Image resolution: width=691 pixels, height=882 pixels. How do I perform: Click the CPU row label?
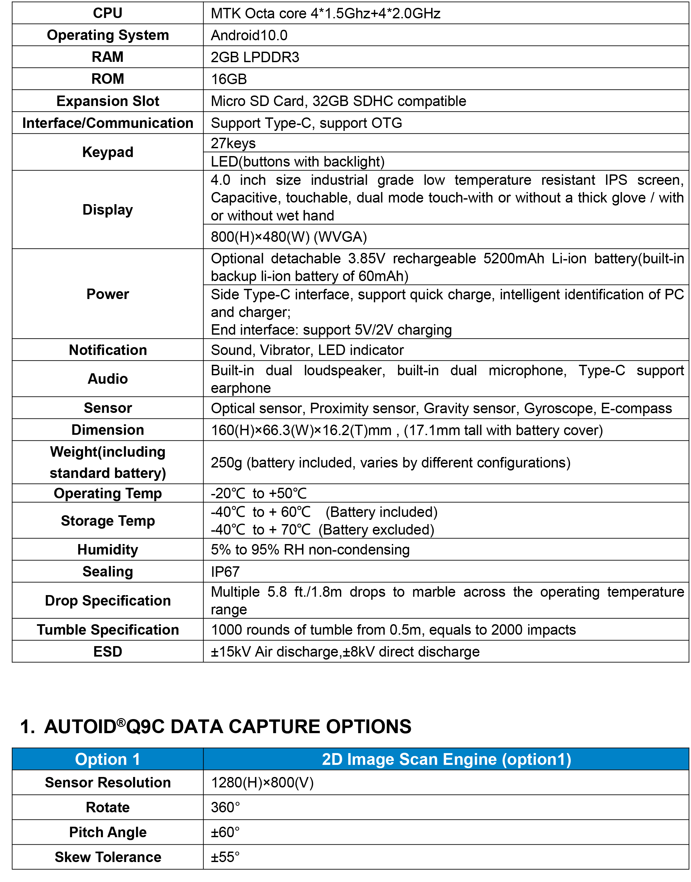(108, 13)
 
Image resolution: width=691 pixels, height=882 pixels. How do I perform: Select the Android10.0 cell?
(249, 35)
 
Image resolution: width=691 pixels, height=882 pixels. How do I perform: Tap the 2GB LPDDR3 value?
(255, 57)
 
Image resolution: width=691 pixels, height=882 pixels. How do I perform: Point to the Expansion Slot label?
(108, 101)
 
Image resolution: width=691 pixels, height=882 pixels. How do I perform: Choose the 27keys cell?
(233, 143)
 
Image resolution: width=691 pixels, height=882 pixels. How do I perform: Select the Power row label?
(108, 294)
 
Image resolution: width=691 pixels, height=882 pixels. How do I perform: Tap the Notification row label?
(108, 350)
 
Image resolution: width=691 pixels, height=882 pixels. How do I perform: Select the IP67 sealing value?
(225, 572)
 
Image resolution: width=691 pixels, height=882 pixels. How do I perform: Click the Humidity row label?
(108, 550)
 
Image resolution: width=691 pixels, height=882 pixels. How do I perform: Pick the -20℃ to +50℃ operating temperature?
(259, 493)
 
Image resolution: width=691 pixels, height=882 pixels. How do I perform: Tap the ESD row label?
(108, 652)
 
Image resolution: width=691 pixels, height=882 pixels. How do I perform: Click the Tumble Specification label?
(108, 630)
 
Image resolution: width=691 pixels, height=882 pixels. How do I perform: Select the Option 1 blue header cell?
(108, 759)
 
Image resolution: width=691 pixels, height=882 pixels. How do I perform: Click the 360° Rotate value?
(225, 807)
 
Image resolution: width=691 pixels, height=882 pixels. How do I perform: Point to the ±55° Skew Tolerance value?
(225, 857)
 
